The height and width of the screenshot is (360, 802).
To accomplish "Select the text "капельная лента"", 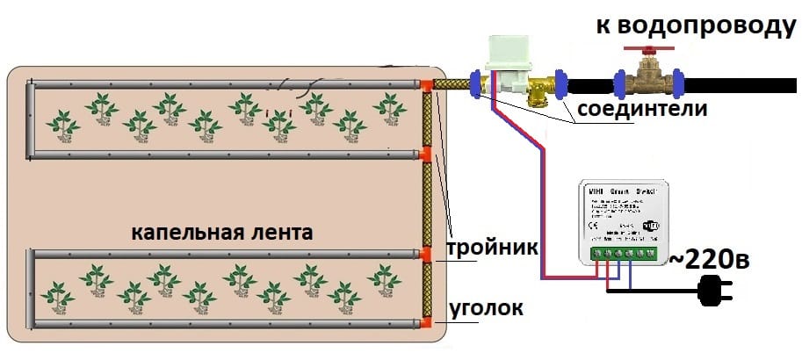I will pos(222,233).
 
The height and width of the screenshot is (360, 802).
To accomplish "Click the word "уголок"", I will pos(487,309).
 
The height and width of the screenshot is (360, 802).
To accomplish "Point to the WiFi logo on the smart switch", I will pos(652,224).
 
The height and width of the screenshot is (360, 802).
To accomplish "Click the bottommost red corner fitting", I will pos(427,323).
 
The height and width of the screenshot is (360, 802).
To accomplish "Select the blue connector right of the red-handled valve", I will pos(679,83).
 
